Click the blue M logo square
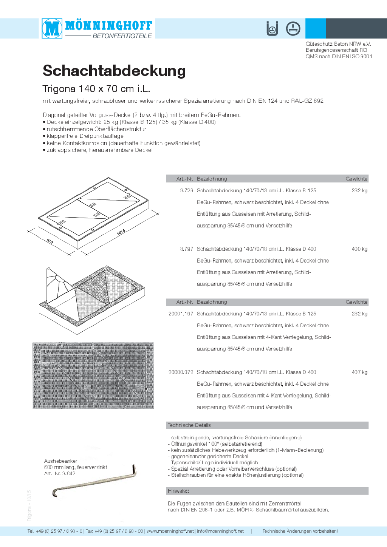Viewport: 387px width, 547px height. coord(52,28)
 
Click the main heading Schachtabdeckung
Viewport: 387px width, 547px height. coord(114,71)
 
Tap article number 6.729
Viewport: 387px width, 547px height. coord(187,191)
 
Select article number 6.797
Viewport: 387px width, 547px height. coord(187,249)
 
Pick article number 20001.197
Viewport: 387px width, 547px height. coord(181,314)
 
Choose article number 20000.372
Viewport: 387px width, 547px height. coord(181,372)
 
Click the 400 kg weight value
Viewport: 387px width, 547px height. coord(359,249)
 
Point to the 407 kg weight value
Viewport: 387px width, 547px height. coord(359,372)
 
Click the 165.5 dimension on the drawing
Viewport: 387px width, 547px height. coord(121,232)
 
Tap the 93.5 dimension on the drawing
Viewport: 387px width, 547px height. coord(50,241)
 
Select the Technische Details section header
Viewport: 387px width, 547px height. coord(189,425)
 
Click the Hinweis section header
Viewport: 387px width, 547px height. coord(178,491)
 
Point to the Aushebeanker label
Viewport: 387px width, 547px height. coord(61,461)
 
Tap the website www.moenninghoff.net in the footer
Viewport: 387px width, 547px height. coord(170,531)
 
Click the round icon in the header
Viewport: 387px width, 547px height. coord(293,29)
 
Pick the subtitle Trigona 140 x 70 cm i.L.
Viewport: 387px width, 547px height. coord(96,89)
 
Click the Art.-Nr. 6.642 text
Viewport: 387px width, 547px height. coord(60,474)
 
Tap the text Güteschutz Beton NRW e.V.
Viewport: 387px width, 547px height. coord(338,44)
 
